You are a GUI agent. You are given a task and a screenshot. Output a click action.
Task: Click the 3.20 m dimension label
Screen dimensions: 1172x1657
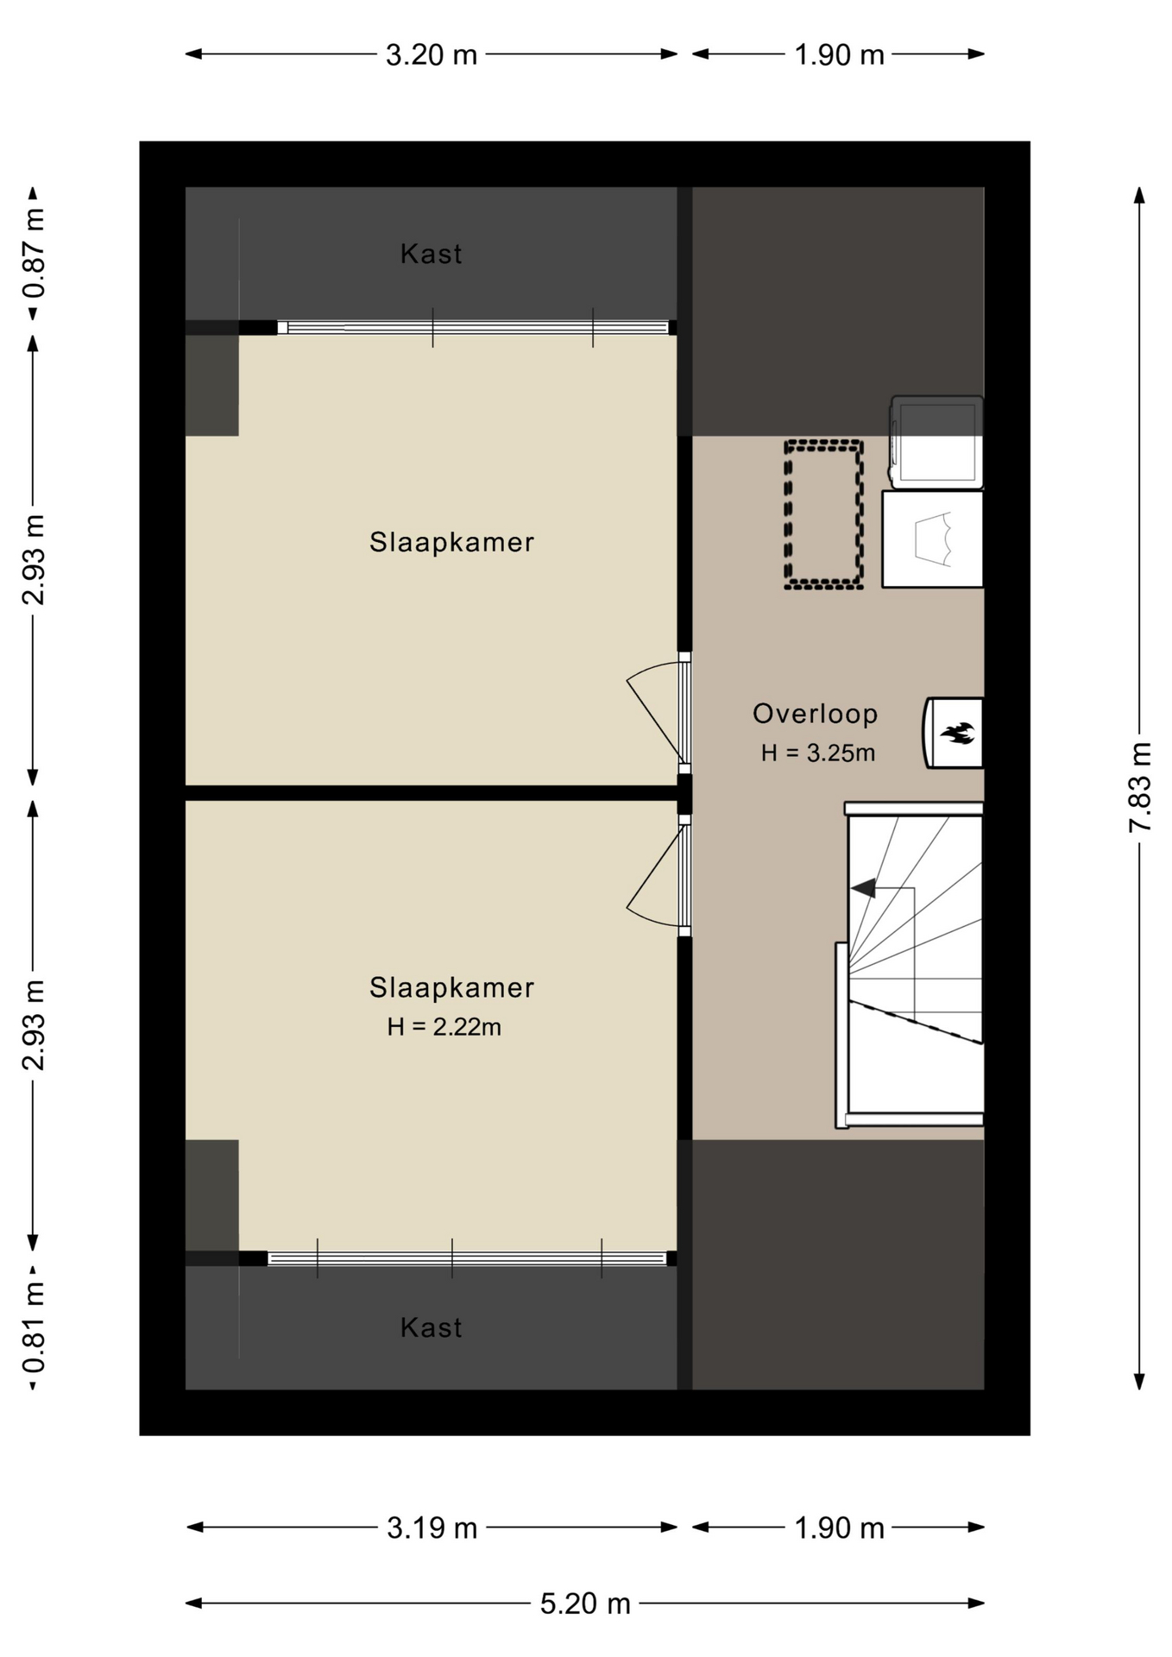(431, 55)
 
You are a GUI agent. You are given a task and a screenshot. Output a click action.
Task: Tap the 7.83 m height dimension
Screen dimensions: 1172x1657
(1140, 787)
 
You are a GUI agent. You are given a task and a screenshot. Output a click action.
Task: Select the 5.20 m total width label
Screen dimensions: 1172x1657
(585, 1603)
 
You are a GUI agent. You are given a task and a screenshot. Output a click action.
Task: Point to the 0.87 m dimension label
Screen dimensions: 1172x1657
(34, 253)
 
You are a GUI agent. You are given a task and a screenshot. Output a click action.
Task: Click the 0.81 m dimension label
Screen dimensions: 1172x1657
(34, 1327)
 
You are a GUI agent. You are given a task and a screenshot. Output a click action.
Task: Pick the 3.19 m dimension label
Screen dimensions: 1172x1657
(432, 1528)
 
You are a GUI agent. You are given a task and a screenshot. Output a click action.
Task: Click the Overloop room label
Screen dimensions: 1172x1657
(815, 714)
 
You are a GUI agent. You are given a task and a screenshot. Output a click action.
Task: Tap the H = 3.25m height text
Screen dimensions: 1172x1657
(817, 753)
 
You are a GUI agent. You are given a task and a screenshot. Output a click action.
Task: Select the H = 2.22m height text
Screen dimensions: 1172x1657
(444, 1027)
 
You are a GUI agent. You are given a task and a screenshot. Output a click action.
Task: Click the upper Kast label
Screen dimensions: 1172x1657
(431, 254)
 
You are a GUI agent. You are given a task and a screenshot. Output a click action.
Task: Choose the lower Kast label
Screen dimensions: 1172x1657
(431, 1327)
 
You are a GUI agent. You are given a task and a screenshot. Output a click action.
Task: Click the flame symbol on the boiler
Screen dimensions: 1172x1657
(957, 734)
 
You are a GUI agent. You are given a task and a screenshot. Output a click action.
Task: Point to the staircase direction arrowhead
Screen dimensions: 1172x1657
(863, 887)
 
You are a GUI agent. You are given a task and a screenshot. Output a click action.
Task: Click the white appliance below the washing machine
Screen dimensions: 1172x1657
(932, 539)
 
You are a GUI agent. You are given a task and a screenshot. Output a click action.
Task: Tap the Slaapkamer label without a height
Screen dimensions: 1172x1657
(451, 542)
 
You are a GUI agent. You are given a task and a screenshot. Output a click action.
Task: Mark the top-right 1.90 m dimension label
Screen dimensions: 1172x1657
(839, 55)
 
